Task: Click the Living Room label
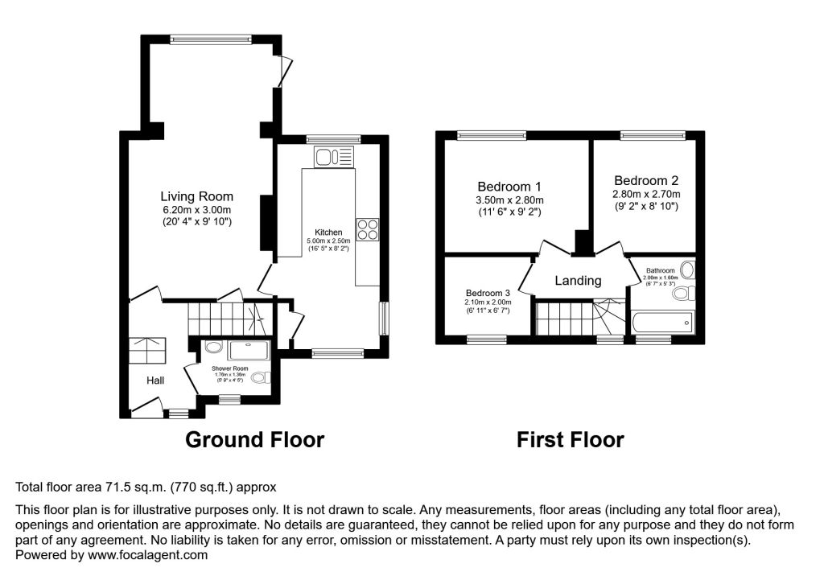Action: [x=196, y=196]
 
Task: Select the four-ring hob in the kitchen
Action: [x=368, y=229]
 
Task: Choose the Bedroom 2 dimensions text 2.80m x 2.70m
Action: [x=646, y=195]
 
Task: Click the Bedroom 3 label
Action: [x=488, y=293]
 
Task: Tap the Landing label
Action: [x=578, y=281]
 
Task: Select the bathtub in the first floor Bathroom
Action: [x=662, y=323]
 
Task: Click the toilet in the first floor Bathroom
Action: [x=680, y=294]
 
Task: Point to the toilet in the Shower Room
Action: [x=260, y=378]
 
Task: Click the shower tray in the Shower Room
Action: [x=250, y=350]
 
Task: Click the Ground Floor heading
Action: [x=254, y=440]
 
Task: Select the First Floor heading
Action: [x=570, y=440]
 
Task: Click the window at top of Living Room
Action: [x=212, y=39]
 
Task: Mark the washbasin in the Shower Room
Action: [x=213, y=348]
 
